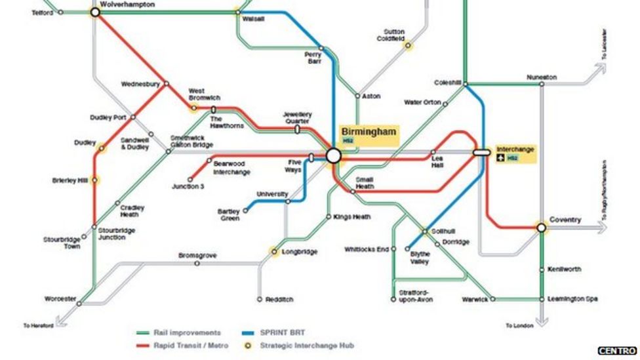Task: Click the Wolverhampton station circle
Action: click(x=95, y=12)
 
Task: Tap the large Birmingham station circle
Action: click(x=333, y=155)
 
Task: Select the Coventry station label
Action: click(x=565, y=220)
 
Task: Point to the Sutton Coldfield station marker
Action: click(x=408, y=45)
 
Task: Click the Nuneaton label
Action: click(x=542, y=77)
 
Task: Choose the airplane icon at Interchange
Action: click(x=502, y=158)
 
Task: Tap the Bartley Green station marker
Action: click(x=246, y=210)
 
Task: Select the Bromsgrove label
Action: click(x=197, y=255)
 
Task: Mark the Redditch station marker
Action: click(x=260, y=299)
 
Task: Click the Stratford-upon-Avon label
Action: click(x=412, y=296)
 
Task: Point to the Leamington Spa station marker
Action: click(x=542, y=299)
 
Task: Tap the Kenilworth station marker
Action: click(x=542, y=270)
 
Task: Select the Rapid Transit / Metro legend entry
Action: click(x=190, y=345)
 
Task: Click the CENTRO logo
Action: click(x=617, y=351)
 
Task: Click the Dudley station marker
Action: click(x=101, y=148)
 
